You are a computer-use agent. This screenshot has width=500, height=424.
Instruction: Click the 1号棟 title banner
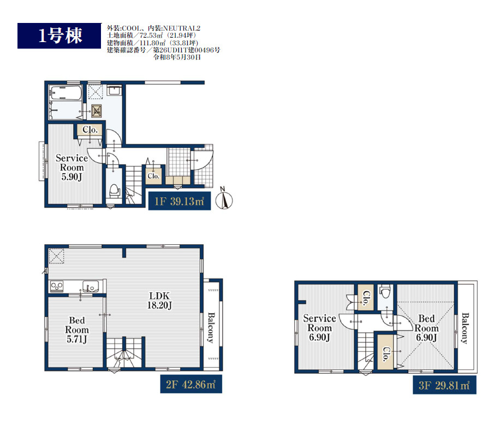59,36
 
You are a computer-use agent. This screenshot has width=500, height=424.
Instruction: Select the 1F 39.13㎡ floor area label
180,201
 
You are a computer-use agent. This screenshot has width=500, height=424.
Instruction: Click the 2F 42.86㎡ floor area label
191,384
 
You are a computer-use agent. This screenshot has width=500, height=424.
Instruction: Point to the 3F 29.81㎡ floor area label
444,385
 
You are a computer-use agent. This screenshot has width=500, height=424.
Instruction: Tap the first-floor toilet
114,191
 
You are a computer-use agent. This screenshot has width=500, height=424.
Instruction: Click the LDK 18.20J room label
159,301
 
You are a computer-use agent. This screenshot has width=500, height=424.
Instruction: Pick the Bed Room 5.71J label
77,330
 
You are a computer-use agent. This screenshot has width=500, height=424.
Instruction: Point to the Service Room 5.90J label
72,167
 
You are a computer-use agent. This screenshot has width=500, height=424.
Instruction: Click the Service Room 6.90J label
319,328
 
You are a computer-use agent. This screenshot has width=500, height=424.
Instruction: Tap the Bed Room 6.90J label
426,328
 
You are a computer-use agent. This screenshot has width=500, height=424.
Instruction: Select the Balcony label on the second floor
211,328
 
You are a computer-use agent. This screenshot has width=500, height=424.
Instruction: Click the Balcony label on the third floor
465,328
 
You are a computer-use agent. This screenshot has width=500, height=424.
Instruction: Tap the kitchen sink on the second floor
91,285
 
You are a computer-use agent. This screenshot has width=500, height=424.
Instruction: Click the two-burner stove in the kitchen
57,286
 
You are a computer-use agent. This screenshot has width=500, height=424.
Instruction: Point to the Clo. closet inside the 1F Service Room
90,129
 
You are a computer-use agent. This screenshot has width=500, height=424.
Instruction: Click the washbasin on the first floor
114,90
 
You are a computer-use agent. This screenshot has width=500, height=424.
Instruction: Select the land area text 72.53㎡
151,36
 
